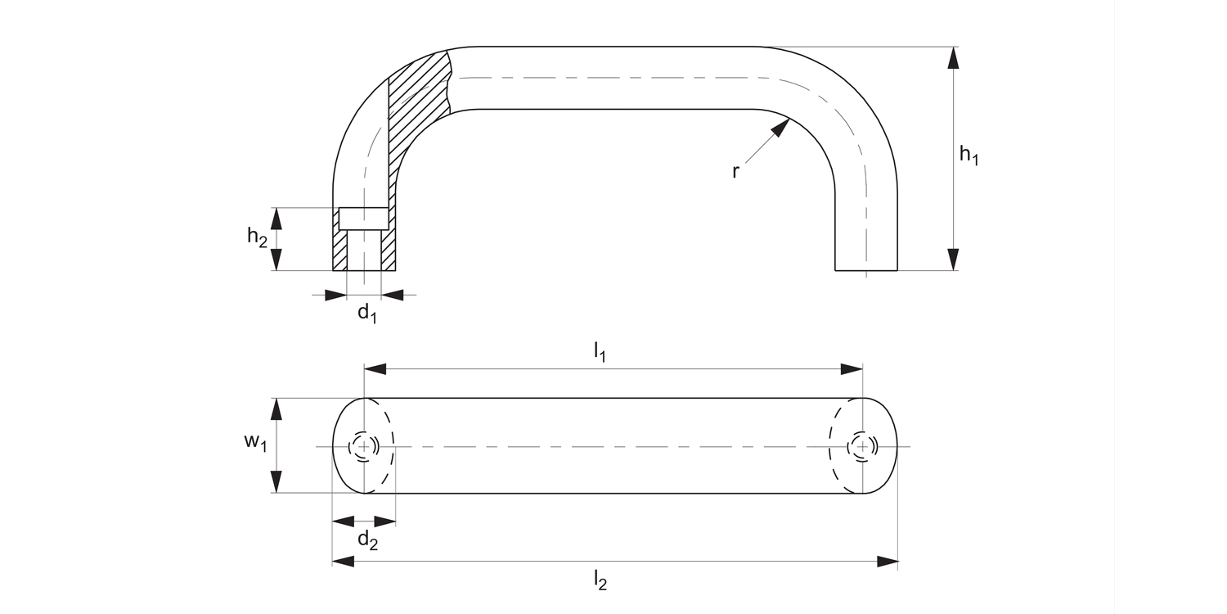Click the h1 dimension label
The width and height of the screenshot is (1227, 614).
click(969, 156)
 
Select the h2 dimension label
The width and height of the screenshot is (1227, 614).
click(257, 237)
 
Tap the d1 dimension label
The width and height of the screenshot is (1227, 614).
click(367, 314)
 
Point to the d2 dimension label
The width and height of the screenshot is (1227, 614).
click(368, 540)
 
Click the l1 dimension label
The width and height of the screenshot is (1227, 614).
click(600, 352)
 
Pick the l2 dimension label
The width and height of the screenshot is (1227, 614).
click(600, 580)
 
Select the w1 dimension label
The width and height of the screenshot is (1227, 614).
click(255, 442)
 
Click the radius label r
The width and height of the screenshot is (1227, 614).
click(735, 172)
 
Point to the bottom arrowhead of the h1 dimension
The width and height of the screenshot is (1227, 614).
click(952, 259)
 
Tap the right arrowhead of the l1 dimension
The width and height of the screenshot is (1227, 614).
click(852, 370)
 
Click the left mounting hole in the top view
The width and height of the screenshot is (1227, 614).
click(364, 446)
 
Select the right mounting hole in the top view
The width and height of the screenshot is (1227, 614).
click(862, 446)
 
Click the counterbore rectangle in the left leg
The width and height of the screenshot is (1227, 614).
click(364, 219)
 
